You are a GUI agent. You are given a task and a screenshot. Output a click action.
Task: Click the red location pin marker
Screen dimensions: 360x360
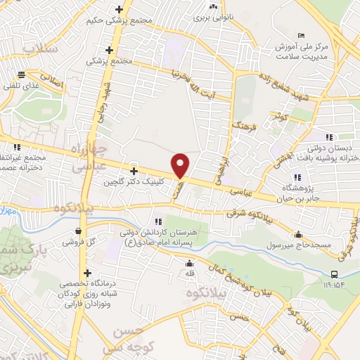[181, 165]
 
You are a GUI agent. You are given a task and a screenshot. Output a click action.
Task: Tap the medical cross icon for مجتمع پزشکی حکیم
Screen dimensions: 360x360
[119, 10]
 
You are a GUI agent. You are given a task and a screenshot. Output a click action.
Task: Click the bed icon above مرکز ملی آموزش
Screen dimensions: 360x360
[301, 36]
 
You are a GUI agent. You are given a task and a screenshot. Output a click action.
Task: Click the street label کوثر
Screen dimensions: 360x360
[282, 114]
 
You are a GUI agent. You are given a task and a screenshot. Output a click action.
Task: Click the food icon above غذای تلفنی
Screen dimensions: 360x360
[22, 75]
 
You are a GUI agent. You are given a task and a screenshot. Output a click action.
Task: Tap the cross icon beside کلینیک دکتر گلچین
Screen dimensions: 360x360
[134, 171]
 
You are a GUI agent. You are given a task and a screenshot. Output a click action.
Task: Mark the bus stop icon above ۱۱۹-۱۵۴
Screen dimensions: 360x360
[334, 274]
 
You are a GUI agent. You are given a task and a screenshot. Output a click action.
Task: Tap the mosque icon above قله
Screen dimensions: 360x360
[189, 264]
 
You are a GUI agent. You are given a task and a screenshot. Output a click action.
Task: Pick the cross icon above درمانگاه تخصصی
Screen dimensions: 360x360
[87, 273]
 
